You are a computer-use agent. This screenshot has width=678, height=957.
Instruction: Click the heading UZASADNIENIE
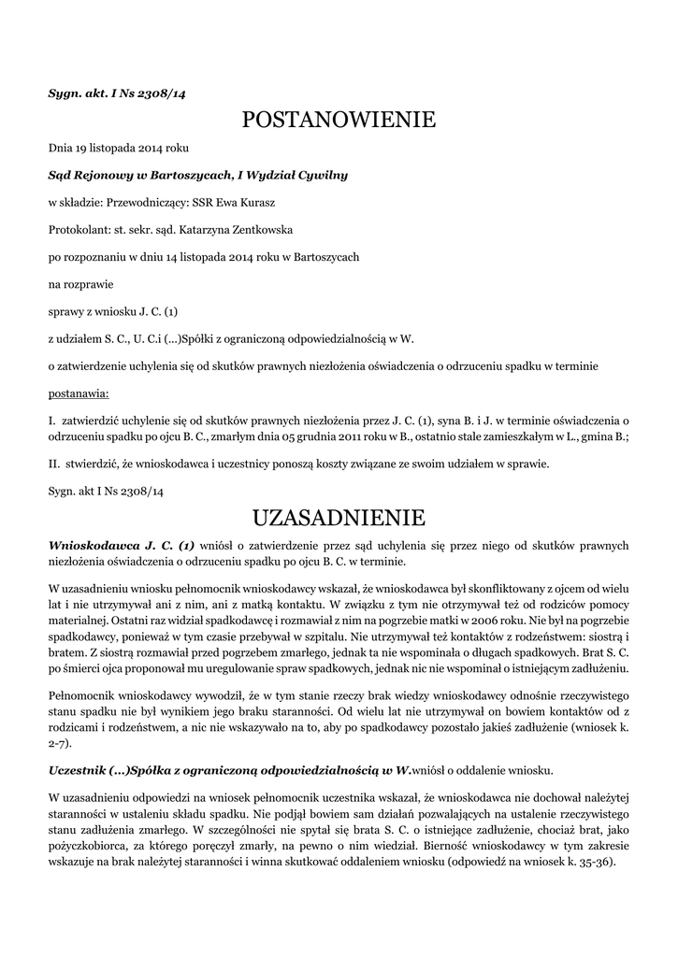click(339, 517)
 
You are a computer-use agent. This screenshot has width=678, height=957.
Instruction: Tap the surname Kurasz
click(254, 202)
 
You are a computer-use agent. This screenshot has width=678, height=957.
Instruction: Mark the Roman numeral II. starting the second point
click(54, 463)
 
